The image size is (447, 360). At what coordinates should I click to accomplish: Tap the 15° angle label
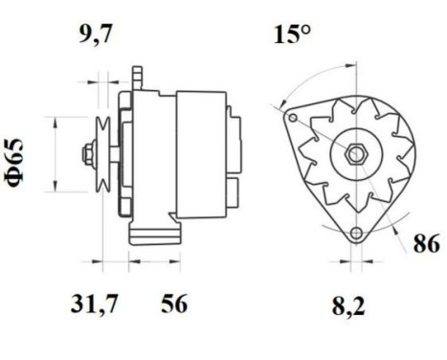(292, 37)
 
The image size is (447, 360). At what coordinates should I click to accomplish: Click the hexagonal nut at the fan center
(351, 153)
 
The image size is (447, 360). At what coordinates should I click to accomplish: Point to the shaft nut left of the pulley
(88, 154)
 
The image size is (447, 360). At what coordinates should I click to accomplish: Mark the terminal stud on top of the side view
(140, 74)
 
